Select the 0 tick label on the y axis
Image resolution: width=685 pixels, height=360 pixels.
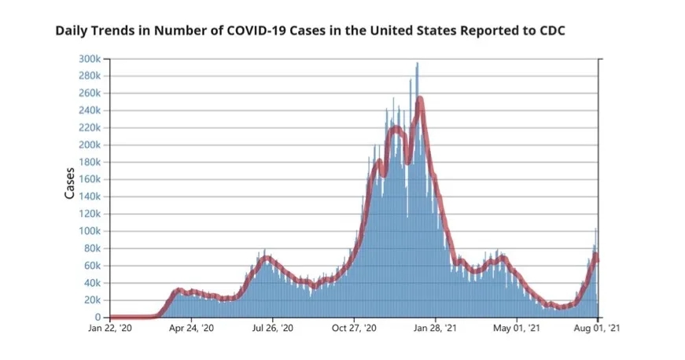tap(97, 318)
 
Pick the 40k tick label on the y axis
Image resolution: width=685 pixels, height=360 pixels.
tap(92, 283)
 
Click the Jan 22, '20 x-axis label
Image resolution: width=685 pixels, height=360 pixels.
tap(109, 331)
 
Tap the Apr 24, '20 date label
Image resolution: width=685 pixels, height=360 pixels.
tap(191, 331)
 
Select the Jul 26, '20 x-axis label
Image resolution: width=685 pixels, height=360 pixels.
tap(272, 331)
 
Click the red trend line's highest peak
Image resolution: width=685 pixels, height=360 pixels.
tap(420, 98)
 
